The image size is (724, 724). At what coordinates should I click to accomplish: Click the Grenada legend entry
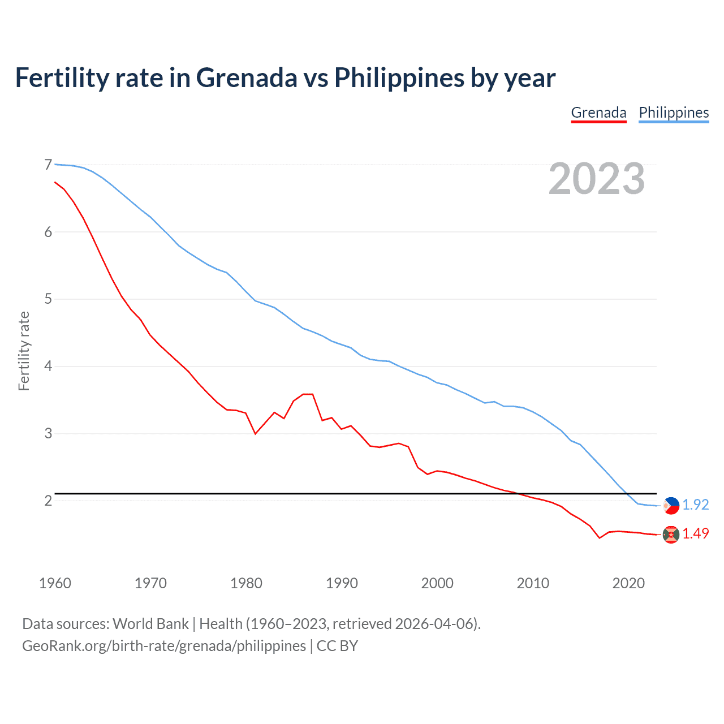598,113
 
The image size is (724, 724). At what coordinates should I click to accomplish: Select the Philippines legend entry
674,113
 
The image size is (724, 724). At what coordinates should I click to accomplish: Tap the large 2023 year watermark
597,179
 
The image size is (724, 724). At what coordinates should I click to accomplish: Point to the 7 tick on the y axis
48,165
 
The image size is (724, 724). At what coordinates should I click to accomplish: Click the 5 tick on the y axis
48,299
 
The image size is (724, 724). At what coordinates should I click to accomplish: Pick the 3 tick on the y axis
48,433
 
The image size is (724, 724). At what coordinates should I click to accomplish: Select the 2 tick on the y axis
48,501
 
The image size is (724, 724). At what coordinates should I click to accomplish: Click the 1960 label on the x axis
55,583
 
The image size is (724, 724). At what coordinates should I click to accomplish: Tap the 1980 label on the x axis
246,583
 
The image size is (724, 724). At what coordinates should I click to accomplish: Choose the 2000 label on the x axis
437,583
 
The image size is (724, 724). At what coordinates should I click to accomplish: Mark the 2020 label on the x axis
628,583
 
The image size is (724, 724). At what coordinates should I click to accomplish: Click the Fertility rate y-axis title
24,351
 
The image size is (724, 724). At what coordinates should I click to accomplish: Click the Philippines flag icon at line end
671,505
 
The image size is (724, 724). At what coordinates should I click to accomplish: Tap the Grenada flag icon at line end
671,535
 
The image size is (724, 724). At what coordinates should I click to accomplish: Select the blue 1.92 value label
696,505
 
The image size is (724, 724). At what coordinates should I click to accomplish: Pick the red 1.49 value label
696,533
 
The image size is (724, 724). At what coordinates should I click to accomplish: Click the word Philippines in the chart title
399,78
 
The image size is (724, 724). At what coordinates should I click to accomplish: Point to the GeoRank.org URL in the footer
164,646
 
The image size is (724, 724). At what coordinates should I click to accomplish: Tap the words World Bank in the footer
150,624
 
